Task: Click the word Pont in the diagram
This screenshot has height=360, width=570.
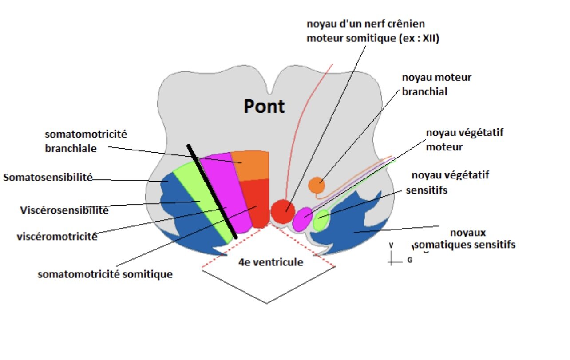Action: coord(264,107)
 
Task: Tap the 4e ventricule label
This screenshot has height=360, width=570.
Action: coord(270,262)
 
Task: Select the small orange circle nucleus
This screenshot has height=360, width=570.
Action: coord(317,185)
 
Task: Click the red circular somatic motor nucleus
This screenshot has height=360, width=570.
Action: coord(283,211)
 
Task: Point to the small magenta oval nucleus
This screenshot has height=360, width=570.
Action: coord(303,219)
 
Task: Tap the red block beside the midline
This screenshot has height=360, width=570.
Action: coord(259,202)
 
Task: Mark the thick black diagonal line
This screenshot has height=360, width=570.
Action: coord(211,191)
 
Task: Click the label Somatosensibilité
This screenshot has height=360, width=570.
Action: coord(48,178)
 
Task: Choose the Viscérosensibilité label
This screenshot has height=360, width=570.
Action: coord(64,210)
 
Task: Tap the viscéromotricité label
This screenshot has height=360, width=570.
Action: coord(57,236)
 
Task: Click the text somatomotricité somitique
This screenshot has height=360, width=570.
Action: coord(105,274)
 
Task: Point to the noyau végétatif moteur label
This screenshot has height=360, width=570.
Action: coord(464,139)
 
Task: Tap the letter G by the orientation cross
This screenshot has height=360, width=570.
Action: coord(409,260)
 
